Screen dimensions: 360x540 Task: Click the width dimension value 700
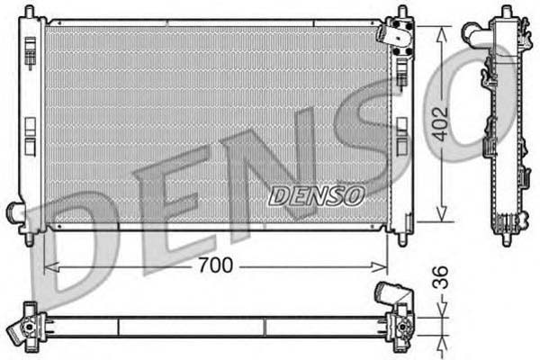[216, 265]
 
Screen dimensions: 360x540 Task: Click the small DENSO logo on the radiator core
[317, 193]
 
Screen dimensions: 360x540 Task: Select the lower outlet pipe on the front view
[15, 212]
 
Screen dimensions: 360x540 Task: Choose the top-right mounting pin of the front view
[400, 13]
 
